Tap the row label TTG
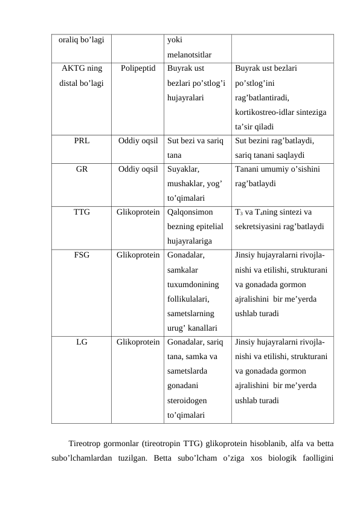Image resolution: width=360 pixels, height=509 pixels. tap(82, 212)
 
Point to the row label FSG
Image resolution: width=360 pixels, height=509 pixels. tap(82, 254)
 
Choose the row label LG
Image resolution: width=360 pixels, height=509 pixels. tap(82, 342)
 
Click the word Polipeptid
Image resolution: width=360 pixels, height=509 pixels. tap(138, 68)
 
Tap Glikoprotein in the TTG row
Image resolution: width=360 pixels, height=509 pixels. tap(138, 212)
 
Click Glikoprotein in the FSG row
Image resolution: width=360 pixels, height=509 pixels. tap(138, 254)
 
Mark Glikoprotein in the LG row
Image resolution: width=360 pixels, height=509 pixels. tap(138, 342)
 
